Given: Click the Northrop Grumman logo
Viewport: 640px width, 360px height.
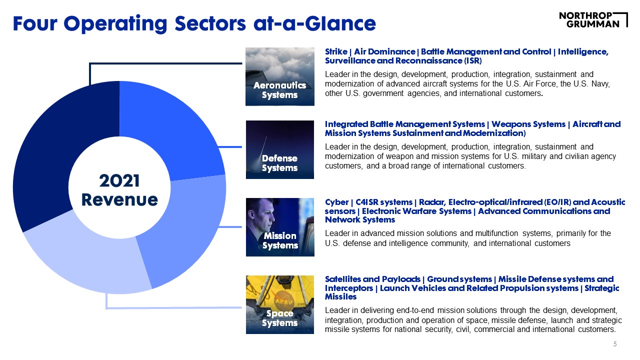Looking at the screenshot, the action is click(x=593, y=20).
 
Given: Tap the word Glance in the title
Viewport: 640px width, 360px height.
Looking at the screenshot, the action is click(x=340, y=23).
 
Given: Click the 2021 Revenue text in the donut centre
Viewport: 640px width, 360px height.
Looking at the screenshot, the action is click(x=119, y=190).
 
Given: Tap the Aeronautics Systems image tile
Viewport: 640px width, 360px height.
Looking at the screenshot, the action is click(x=279, y=76).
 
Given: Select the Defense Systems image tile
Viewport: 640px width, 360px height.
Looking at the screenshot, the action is click(x=279, y=149).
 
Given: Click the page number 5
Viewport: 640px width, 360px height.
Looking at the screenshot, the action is click(x=615, y=344).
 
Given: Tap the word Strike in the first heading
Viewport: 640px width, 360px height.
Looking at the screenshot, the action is click(x=336, y=51).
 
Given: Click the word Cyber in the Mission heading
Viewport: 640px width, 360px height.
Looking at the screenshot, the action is click(x=336, y=202).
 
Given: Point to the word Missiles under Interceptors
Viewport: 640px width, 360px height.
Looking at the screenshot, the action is click(x=340, y=297).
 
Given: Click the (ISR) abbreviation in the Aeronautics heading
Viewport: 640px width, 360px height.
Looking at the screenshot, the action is click(x=472, y=61).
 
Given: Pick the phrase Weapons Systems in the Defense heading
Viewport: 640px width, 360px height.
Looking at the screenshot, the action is click(x=528, y=124).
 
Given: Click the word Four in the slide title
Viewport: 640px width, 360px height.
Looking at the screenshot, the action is click(x=35, y=23).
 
